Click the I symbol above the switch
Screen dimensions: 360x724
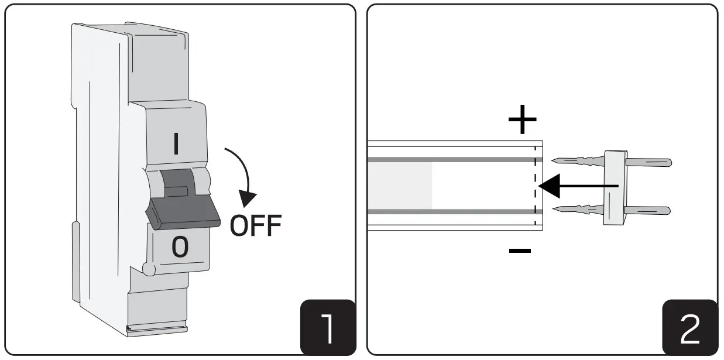click(177, 143)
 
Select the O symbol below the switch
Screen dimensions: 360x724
click(180, 248)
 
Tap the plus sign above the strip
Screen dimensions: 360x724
click(521, 121)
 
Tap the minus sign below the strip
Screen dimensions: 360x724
click(520, 251)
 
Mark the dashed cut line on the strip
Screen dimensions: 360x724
click(536, 186)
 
